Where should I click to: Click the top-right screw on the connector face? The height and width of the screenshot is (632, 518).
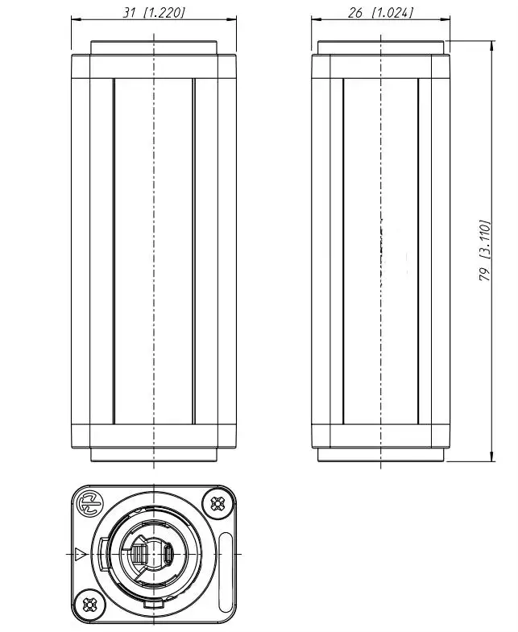pos(217,504)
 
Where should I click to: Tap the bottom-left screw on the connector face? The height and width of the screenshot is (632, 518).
pos(89,603)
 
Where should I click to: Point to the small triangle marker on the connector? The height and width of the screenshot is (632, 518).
pos(79,554)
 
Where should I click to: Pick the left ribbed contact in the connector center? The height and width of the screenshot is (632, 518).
pos(139,554)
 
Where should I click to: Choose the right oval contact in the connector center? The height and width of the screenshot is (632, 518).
pos(168,554)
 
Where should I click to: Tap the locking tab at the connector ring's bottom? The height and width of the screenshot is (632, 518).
pos(153,602)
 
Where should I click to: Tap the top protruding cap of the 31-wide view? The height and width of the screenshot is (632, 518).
pos(153,48)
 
